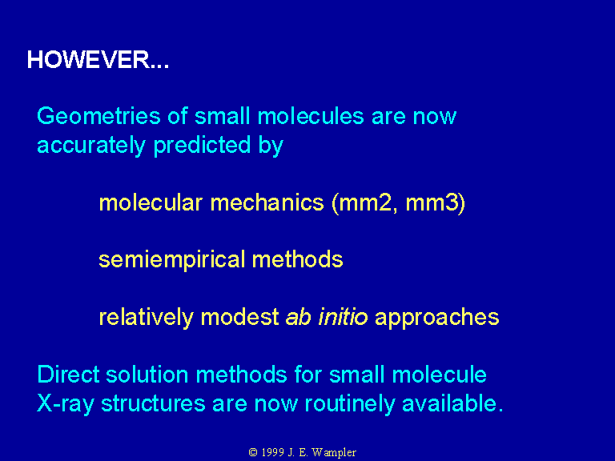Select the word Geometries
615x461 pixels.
click(98, 116)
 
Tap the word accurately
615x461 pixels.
click(91, 146)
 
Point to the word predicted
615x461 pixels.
click(202, 146)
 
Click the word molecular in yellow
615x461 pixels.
click(151, 202)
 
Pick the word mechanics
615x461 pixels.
click(267, 202)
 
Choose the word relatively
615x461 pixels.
click(146, 317)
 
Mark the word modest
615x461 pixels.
click(239, 317)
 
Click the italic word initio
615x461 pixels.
click(343, 317)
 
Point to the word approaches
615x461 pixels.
click(437, 318)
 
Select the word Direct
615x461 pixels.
click(68, 374)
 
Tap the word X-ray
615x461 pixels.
click(66, 403)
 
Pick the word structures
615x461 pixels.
click(154, 403)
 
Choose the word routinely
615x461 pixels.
click(349, 403)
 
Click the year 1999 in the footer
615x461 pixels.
click(272, 452)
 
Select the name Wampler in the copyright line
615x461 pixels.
click(334, 453)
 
